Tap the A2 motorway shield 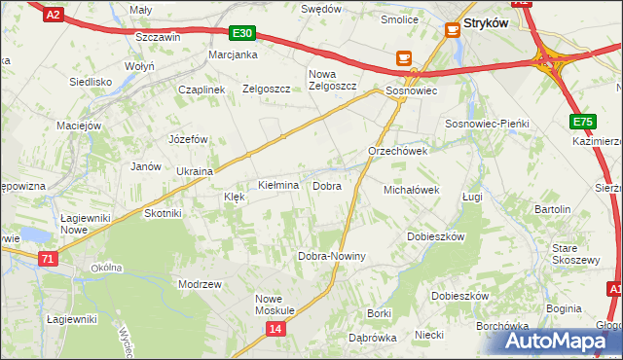pyautogui.click(x=54, y=14)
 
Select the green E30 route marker pyautogui.click(x=242, y=33)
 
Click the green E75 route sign pyautogui.click(x=582, y=122)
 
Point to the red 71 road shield pyautogui.click(x=48, y=259)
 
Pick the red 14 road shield pyautogui.click(x=276, y=330)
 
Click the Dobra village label pyautogui.click(x=326, y=185)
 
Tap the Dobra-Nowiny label pyautogui.click(x=331, y=256)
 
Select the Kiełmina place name pyautogui.click(x=277, y=185)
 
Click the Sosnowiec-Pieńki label pyautogui.click(x=486, y=125)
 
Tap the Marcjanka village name pyautogui.click(x=232, y=54)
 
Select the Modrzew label pyautogui.click(x=201, y=283)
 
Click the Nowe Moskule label pyautogui.click(x=275, y=305)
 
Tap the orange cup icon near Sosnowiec pyautogui.click(x=403, y=58)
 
